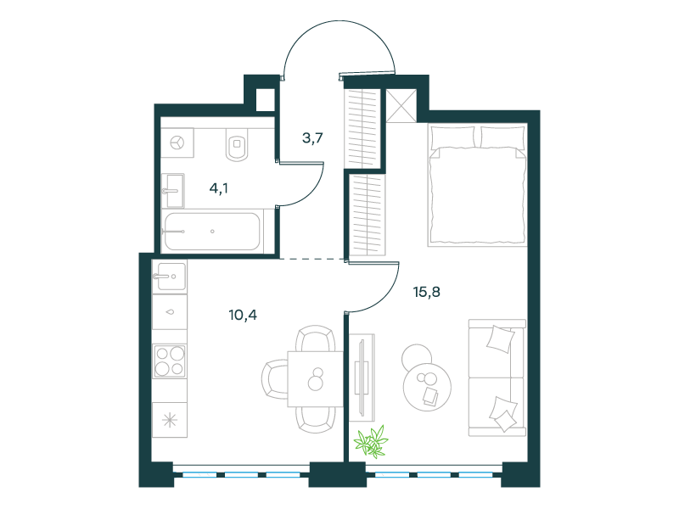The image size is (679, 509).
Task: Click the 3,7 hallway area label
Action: pos(312,138)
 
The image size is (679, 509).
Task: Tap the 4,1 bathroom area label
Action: pos(219,188)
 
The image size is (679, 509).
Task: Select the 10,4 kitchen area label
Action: pos(243,315)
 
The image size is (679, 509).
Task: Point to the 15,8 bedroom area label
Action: pos(427,292)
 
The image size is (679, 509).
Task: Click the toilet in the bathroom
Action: pos(237,144)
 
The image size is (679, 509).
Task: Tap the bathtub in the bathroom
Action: pos(212,232)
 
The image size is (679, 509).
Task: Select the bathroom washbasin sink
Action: pos(173,190)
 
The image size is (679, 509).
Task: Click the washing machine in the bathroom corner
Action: pos(177,143)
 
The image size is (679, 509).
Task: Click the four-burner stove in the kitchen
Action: pos(170,361)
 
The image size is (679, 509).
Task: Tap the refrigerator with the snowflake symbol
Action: pos(170,420)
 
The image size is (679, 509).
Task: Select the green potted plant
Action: pos(371,441)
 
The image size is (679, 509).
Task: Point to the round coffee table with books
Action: pos(428,386)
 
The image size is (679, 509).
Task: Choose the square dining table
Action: pos(315,378)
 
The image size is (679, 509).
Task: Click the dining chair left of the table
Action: pos(274,379)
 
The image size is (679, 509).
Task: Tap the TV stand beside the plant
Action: pos(362,378)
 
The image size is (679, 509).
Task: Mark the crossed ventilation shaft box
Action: pos(401,105)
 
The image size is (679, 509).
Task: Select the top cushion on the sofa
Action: pos(500,339)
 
